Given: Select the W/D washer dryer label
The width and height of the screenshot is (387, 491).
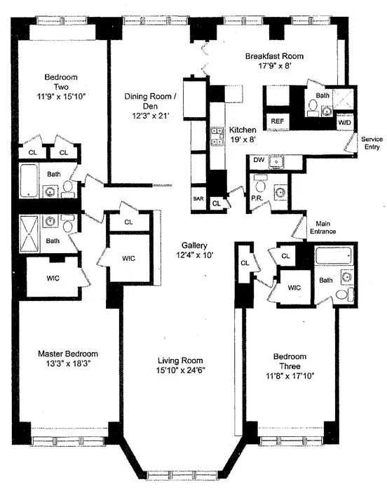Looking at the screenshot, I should (344, 122).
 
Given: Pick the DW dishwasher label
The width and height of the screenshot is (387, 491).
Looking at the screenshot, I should (258, 161).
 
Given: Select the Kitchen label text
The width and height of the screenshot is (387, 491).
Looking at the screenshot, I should (242, 130).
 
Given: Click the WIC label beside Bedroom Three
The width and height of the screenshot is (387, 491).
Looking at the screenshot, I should (294, 288).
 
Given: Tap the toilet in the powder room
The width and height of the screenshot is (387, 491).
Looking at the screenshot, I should (260, 187).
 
